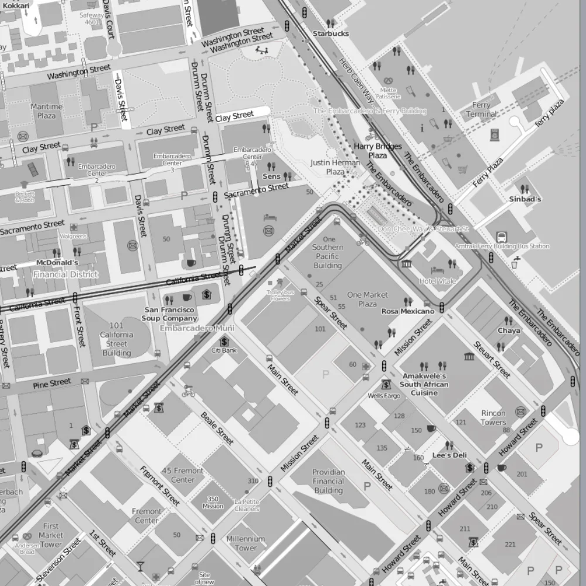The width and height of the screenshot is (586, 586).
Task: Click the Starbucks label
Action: (331, 33)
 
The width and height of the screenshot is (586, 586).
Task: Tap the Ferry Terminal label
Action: (481, 110)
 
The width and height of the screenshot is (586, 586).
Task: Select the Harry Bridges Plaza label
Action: (377, 151)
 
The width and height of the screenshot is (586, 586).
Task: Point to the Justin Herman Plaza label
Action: (335, 167)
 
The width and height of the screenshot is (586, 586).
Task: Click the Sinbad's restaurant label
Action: (524, 199)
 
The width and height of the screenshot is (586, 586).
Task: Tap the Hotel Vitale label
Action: (437, 281)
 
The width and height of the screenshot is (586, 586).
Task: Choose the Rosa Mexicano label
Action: (408, 311)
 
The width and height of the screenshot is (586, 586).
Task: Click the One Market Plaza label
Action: (367, 299)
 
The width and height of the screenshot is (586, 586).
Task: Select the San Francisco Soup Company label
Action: (169, 314)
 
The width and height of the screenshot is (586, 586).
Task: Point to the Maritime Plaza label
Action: (47, 111)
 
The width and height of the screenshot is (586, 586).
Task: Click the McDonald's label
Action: (57, 263)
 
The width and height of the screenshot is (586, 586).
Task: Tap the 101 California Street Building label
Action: (117, 339)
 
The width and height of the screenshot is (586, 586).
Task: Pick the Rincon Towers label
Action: (493, 417)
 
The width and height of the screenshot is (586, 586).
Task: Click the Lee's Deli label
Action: (449, 455)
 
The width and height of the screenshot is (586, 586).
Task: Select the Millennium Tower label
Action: (246, 543)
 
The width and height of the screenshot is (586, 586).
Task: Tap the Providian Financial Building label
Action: (328, 481)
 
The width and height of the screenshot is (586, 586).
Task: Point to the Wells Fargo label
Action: (384, 396)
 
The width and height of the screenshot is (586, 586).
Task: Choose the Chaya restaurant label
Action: (509, 331)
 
